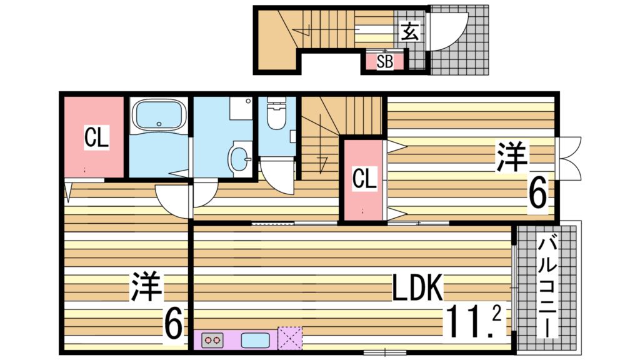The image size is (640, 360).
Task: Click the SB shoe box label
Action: coord(385,62)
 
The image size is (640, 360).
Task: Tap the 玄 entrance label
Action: coord(409,31)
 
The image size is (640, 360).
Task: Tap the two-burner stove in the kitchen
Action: coord(212,340)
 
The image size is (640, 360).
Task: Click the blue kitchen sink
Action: coord(255,340)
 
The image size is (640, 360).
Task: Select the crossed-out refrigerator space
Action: coord(290,338)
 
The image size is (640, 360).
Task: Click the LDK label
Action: coord(417,287)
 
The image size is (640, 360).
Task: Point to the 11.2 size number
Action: coord(474,321)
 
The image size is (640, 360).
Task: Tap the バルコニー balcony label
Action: coord(546,287)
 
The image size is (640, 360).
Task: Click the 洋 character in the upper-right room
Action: coord(512,156)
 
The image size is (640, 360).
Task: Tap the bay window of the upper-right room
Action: coord(569,158)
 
